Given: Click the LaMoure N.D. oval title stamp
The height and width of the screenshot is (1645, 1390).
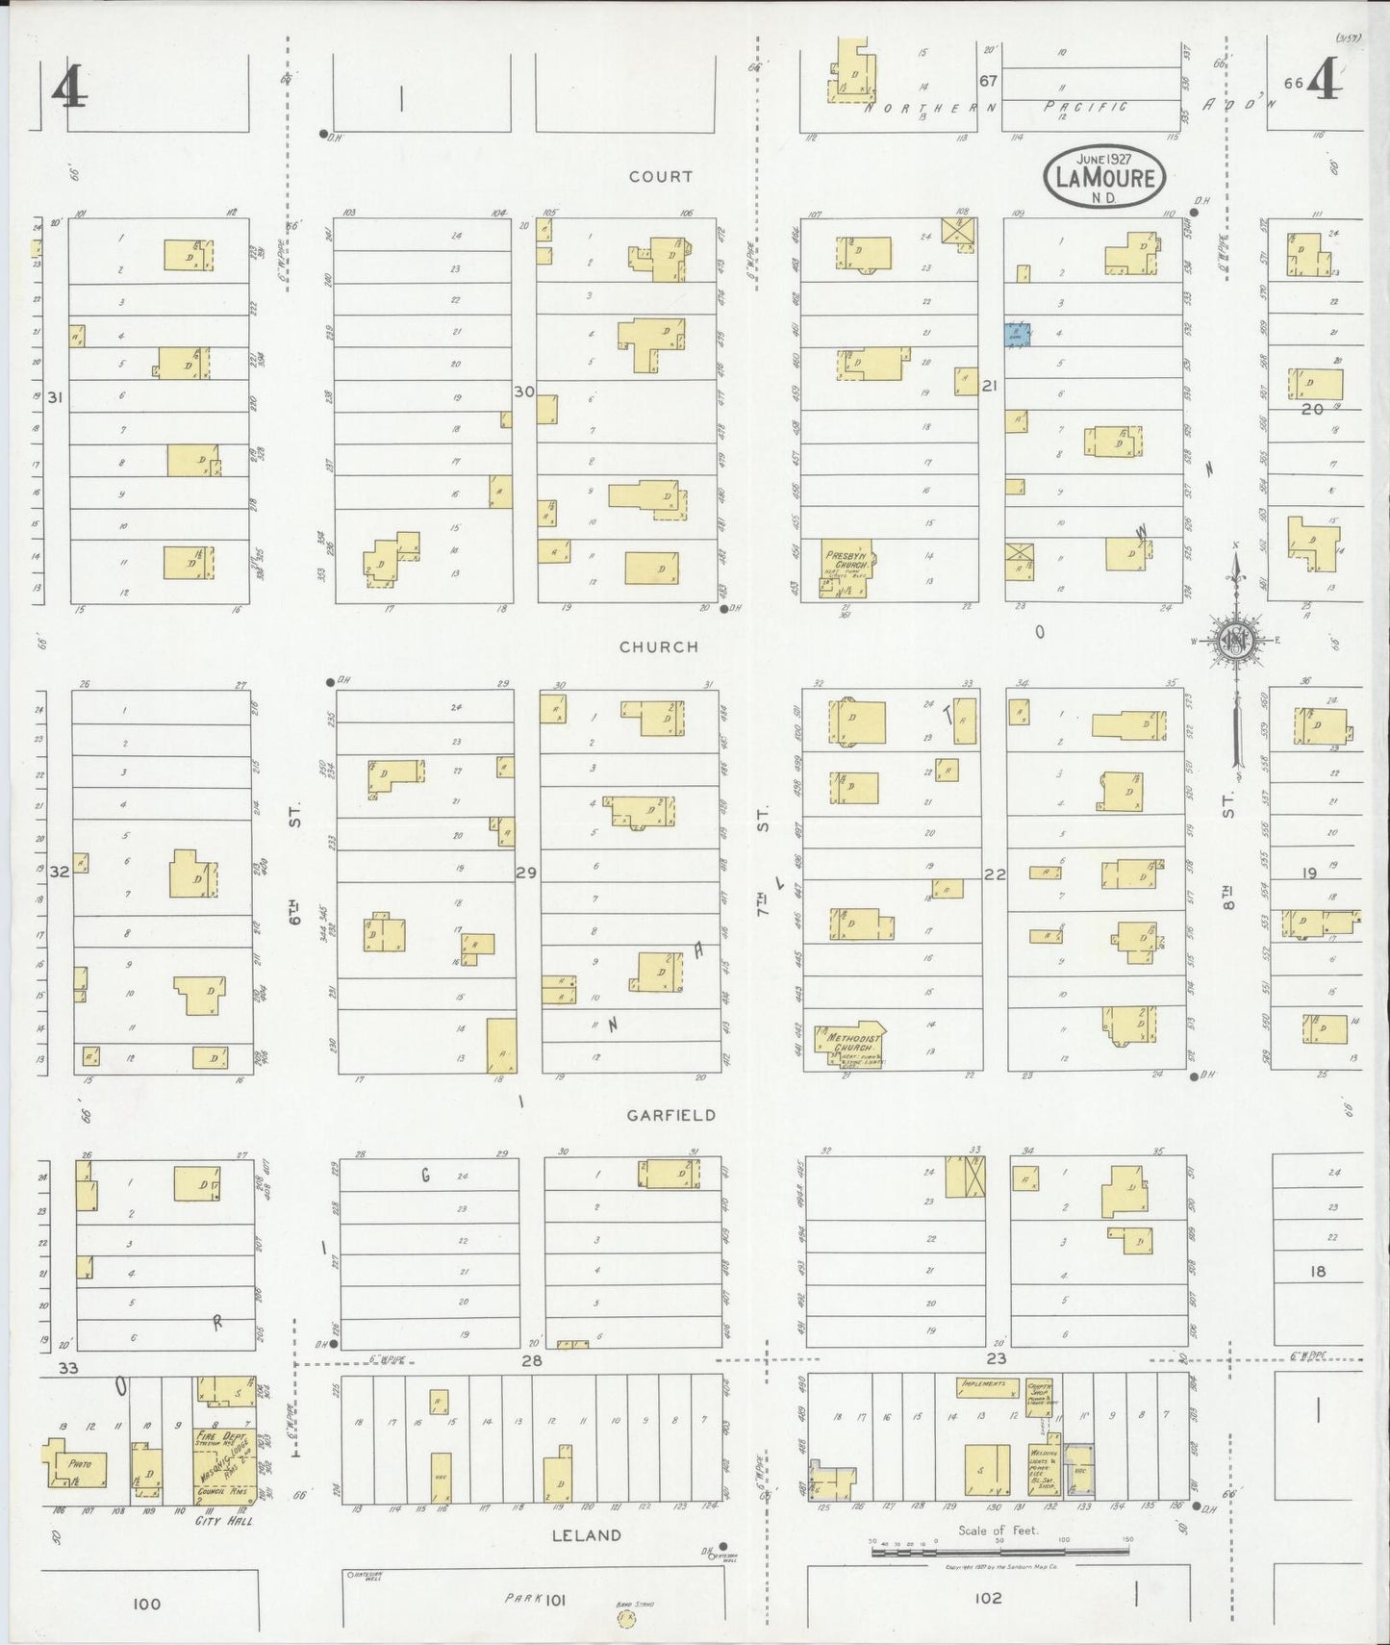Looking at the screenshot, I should [x=1104, y=177].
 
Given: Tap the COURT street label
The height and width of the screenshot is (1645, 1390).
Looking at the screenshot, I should [x=660, y=177].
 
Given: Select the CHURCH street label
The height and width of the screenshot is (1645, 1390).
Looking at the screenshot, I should [x=659, y=646].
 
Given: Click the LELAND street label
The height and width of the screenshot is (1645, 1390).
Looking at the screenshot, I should [x=586, y=1535].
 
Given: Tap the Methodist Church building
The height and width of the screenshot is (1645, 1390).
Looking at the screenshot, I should [x=850, y=1043].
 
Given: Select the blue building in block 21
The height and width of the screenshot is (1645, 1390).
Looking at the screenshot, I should [x=1019, y=334].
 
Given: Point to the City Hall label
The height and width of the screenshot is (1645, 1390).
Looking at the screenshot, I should [x=222, y=1521].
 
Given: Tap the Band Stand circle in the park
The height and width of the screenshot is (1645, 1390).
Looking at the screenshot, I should [x=627, y=1618].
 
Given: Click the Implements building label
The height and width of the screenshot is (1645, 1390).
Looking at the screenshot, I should [x=987, y=1386].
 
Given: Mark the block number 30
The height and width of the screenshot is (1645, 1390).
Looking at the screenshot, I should [x=523, y=392].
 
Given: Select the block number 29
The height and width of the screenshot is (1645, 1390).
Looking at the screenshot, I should [x=525, y=873].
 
